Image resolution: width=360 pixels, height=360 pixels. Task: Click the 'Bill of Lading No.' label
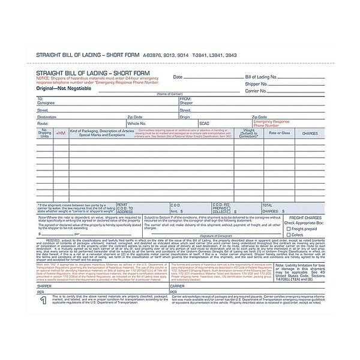click(260, 77)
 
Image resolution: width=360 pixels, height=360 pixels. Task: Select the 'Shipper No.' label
click(256, 85)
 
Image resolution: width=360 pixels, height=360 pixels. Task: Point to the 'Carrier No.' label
click(256, 92)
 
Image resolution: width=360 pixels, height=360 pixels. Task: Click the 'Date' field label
click(178, 77)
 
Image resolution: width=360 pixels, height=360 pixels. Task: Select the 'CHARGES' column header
click(310, 133)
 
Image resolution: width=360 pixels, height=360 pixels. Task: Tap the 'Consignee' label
click(47, 103)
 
